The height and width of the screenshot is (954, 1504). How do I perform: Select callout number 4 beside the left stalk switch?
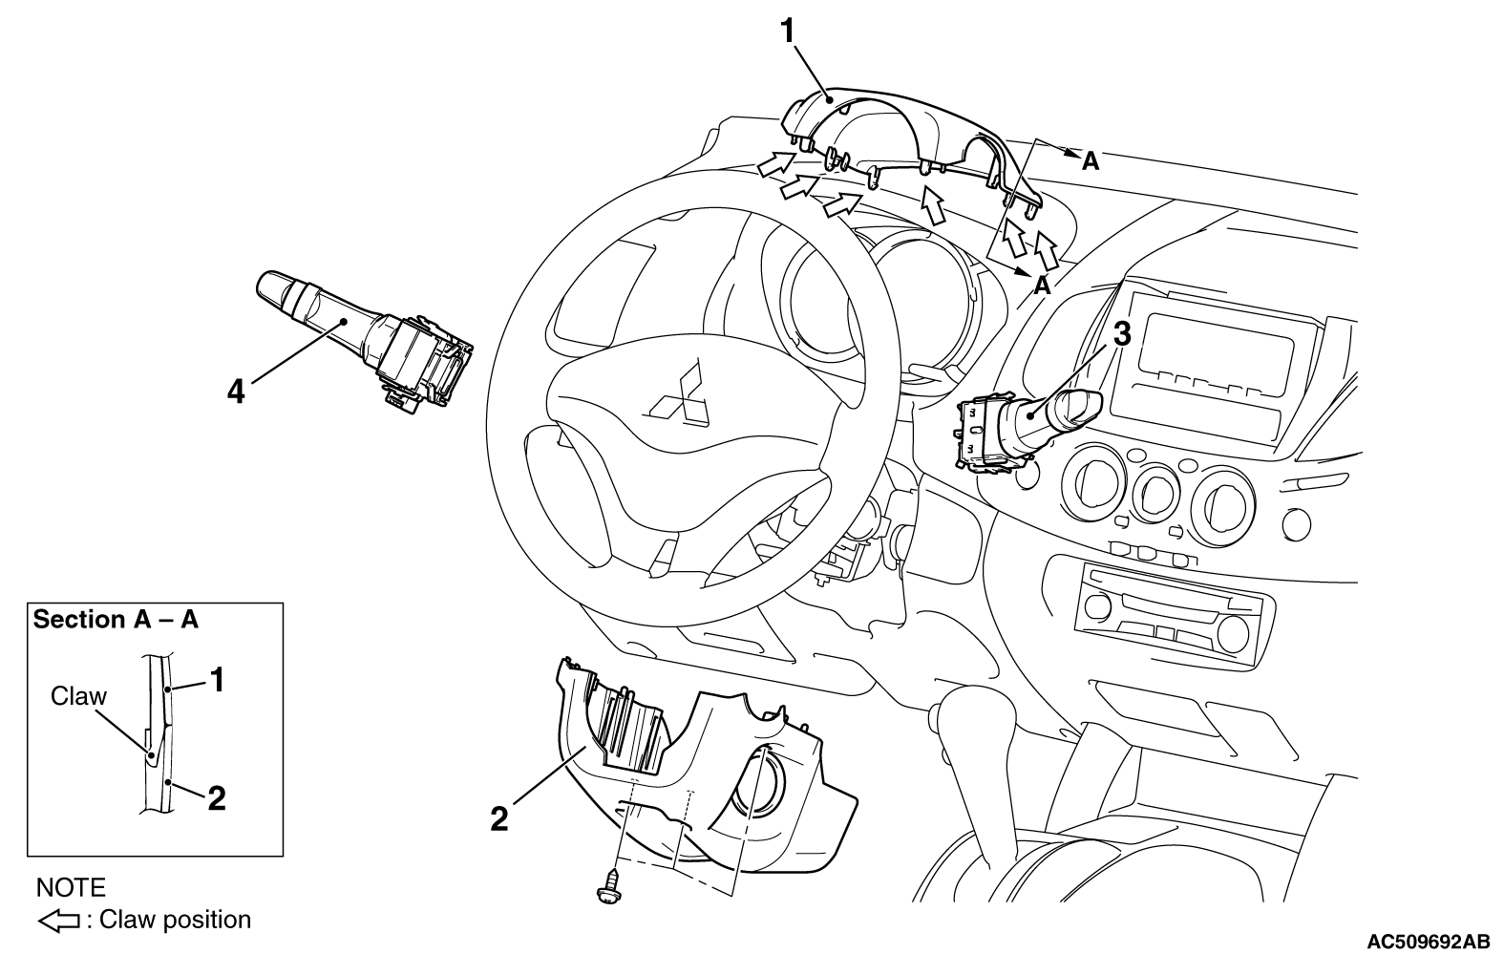click(x=236, y=392)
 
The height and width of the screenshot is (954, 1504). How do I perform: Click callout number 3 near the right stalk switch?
click(x=1122, y=334)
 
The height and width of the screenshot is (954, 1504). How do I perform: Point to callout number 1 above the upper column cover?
click(x=787, y=31)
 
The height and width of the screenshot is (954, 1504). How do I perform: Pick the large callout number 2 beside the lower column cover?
click(x=498, y=819)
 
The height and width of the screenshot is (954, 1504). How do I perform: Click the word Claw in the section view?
click(x=78, y=696)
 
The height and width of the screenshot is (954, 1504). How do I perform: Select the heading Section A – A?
click(x=116, y=619)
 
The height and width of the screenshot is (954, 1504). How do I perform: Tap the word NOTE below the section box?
click(x=71, y=887)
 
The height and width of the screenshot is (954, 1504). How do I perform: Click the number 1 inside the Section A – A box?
click(x=216, y=680)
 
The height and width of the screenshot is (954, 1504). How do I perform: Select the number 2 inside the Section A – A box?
click(x=216, y=798)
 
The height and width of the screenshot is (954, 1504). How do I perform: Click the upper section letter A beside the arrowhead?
click(x=1090, y=161)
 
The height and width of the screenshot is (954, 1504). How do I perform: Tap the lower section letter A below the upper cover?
click(x=1042, y=286)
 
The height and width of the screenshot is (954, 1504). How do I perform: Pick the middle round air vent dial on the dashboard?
click(x=1156, y=494)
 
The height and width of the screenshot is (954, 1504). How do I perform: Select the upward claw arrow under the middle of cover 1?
click(x=932, y=204)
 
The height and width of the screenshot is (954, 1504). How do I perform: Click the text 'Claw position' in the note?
click(x=176, y=921)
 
